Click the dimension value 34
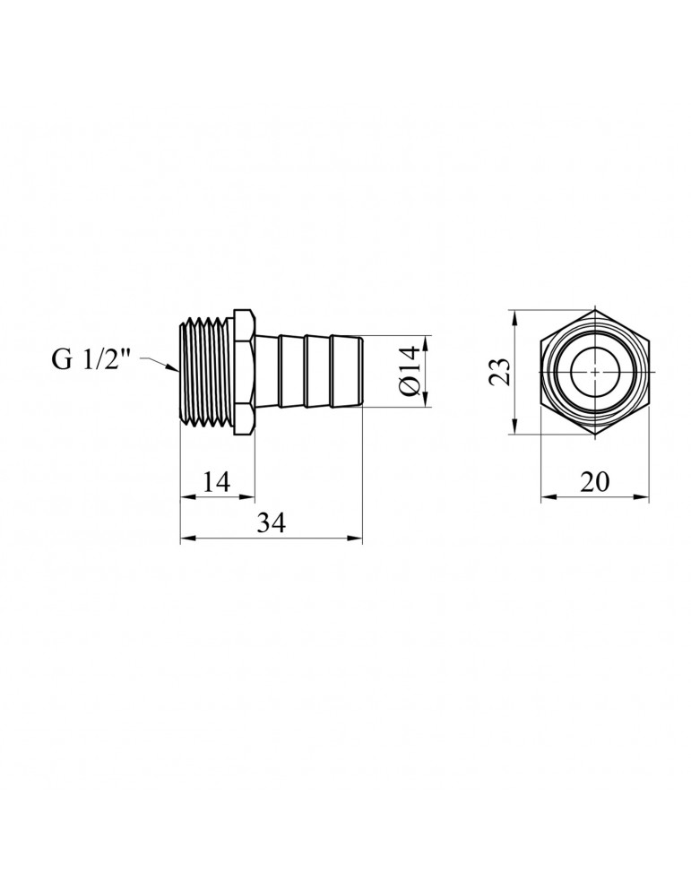point(271,522)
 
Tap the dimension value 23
point(500,372)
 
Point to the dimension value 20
point(594,482)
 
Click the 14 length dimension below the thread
point(216,482)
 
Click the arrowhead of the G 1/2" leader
point(174,368)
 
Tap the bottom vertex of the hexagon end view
point(595,435)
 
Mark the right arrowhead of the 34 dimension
point(356,538)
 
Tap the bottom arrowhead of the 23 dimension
point(514,427)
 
